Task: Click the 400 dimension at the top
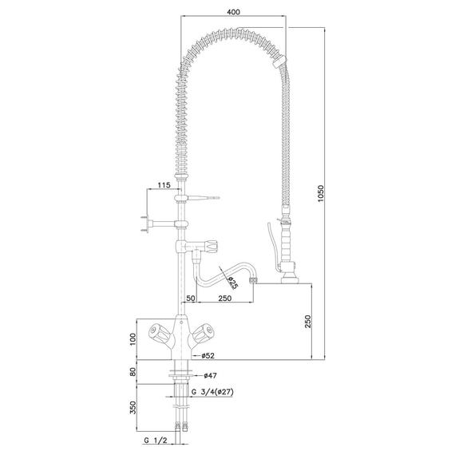pyautogui.click(x=232, y=12)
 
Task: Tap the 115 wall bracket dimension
pyautogui.click(x=164, y=185)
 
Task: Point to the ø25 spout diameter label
pyautogui.click(x=231, y=282)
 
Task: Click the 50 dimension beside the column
pyautogui.click(x=192, y=298)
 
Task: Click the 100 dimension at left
pyautogui.click(x=134, y=340)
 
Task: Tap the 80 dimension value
pyautogui.click(x=134, y=372)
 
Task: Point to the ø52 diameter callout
pyautogui.click(x=210, y=355)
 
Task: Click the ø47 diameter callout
pyautogui.click(x=210, y=375)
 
